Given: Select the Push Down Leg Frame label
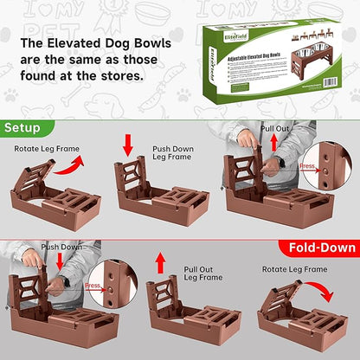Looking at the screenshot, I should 174,153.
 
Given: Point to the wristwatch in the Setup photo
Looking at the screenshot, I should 282,162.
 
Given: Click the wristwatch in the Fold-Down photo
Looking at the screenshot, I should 66,280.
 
